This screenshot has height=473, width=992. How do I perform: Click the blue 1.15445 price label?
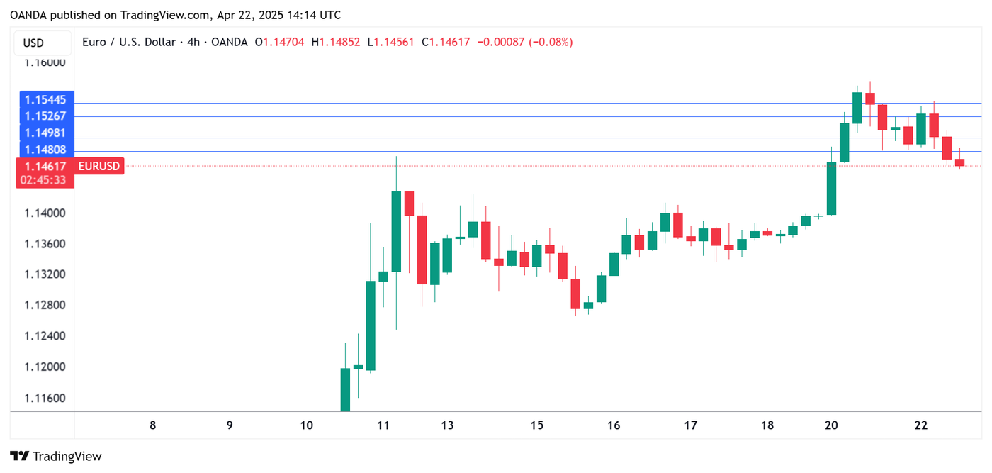coord(45,99)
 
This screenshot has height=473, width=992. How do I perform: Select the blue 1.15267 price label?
coord(45,116)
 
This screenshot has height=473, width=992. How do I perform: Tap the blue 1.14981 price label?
coord(45,133)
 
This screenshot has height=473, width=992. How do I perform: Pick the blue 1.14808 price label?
coord(45,150)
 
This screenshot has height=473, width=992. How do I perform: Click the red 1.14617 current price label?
coord(45,167)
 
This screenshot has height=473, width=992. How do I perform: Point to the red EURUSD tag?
coord(99,167)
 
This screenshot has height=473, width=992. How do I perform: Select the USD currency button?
coord(33,43)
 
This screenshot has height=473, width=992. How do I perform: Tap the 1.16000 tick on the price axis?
coord(45,62)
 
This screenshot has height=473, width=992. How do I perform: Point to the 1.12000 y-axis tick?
coord(45,367)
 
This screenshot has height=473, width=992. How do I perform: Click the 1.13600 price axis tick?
coord(45,244)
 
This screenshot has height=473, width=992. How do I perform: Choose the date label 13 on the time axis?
coord(447,425)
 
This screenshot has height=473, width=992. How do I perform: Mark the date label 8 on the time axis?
coord(152,425)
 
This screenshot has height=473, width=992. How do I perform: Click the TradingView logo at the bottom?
coord(56,456)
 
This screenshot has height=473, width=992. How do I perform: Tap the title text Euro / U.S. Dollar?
coord(128,43)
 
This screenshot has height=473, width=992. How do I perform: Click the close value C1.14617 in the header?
coord(446,43)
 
